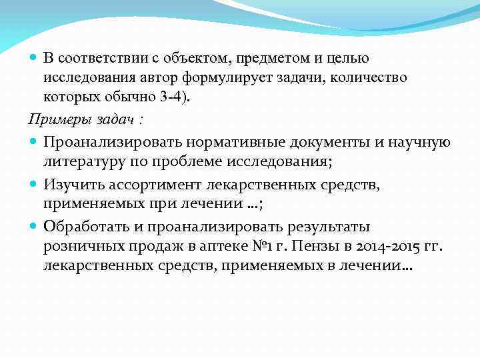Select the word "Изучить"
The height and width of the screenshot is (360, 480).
click(71, 183)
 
